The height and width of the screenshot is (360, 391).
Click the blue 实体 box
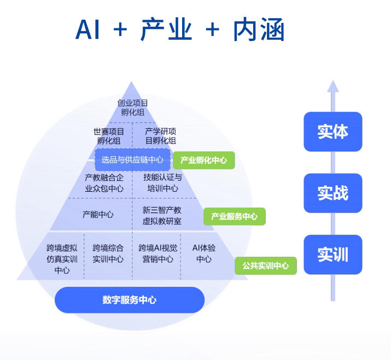[x=332, y=132]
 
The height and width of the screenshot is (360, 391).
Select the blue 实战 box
[x=332, y=193]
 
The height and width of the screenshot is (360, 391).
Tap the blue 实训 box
[x=332, y=255]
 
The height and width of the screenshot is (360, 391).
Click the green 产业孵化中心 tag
[x=204, y=160]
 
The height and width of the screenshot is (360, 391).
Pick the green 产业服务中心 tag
[x=234, y=216]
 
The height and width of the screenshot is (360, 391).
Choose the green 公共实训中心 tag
[x=265, y=265]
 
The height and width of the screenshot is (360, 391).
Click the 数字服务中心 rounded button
[x=130, y=300]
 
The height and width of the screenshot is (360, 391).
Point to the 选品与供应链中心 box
[x=132, y=160]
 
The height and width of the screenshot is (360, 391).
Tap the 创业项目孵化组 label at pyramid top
[x=132, y=107]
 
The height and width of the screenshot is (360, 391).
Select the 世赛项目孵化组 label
[x=109, y=136]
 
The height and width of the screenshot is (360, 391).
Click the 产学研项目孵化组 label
[x=160, y=136]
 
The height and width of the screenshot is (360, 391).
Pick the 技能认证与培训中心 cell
[x=162, y=183]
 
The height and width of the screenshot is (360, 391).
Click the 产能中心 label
[x=98, y=215]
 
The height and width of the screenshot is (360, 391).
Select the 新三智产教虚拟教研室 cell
[x=162, y=215]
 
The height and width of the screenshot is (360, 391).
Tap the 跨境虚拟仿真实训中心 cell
[x=62, y=259]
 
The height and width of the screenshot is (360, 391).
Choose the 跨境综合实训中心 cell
[x=108, y=253]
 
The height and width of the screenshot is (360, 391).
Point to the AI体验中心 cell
[x=203, y=253]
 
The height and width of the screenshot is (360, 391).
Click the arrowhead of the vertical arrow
[x=332, y=86]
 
